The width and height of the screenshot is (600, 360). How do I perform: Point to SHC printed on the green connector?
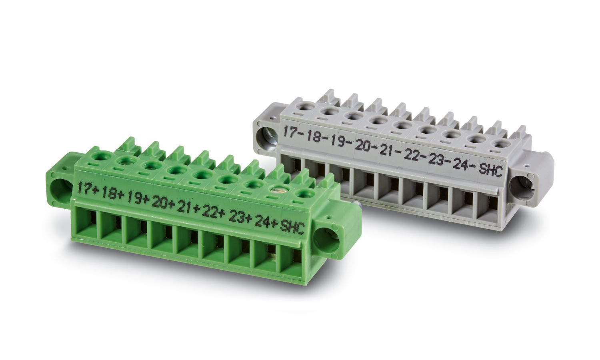292,228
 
